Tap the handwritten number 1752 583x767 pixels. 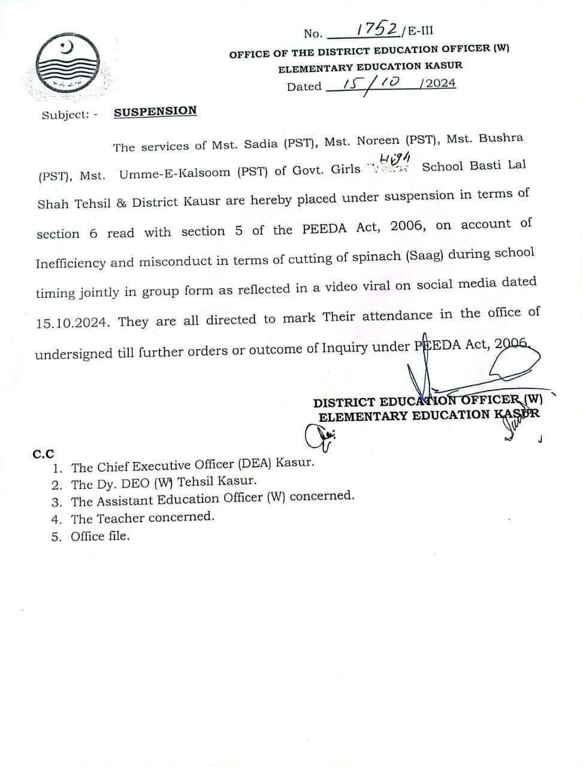coord(377,28)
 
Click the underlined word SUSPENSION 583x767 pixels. coord(155,111)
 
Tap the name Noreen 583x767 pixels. coord(377,141)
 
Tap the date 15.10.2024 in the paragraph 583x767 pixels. coord(73,323)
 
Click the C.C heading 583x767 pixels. coord(43,454)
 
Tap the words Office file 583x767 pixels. coord(100,536)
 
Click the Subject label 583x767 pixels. coord(66,114)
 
